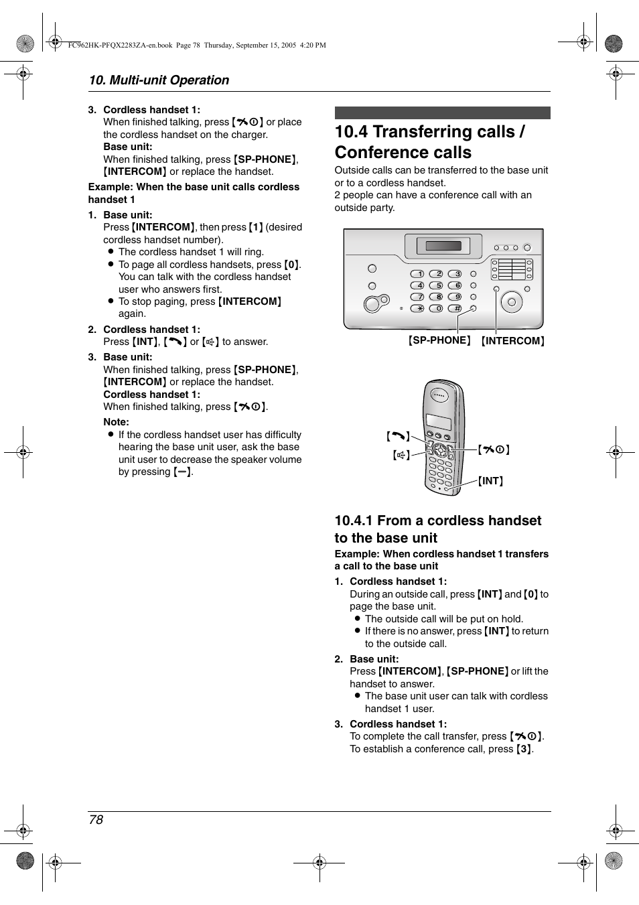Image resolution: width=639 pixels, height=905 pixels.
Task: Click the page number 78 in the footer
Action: tap(96, 819)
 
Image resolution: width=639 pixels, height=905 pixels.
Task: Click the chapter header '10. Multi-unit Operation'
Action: tap(159, 80)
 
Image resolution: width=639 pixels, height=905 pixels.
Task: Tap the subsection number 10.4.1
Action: tap(354, 520)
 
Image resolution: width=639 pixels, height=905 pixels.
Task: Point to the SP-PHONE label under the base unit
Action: tap(439, 340)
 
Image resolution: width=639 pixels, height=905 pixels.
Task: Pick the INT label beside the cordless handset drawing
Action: tap(490, 481)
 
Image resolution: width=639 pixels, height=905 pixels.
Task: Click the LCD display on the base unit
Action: tap(443, 246)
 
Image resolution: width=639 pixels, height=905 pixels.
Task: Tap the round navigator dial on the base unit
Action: tap(511, 302)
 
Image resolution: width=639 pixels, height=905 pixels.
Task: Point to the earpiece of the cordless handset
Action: tap(439, 395)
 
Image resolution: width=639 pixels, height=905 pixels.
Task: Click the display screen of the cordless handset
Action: tap(438, 422)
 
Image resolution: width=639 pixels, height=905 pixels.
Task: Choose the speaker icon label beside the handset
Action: tap(401, 456)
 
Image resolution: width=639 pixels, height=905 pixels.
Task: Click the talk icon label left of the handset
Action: tap(398, 437)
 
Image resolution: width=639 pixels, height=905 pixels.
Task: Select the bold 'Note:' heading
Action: tap(116, 422)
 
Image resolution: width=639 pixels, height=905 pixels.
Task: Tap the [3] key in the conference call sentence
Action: tap(524, 749)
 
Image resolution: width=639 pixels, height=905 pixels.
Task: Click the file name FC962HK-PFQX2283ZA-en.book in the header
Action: tap(121, 46)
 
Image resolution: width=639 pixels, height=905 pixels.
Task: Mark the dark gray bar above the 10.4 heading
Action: tap(442, 113)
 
